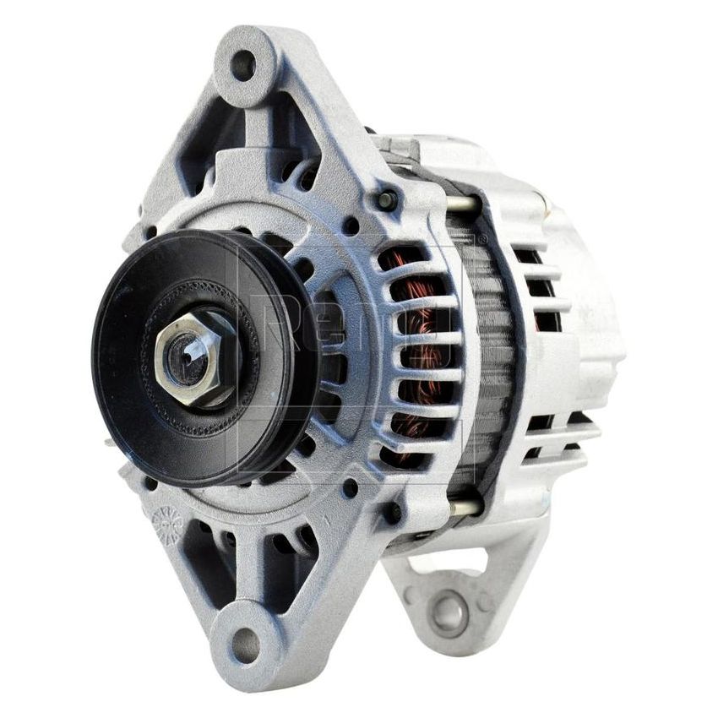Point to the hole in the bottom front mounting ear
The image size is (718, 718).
[246, 645]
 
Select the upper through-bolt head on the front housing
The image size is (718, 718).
[387, 200]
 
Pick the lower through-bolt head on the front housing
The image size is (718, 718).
[393, 511]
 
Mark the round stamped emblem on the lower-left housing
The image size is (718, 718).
[167, 525]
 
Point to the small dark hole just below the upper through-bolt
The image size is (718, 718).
[351, 226]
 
